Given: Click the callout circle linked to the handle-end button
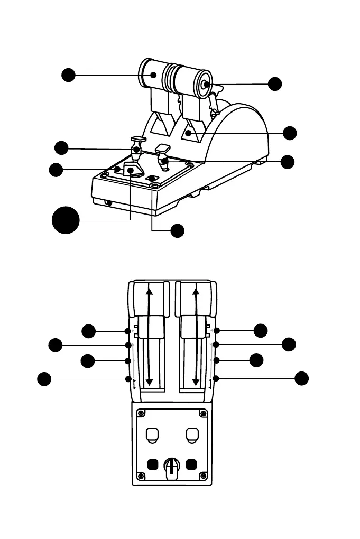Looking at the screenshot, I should click(274, 83).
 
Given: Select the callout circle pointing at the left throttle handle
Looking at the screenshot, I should click(68, 75).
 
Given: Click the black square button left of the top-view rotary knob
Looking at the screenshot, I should click(152, 465).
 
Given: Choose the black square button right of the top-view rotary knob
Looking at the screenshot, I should click(191, 465).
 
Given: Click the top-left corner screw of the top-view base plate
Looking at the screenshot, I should click(141, 413).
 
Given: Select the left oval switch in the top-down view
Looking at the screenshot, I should click(151, 434).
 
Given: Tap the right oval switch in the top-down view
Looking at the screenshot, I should click(192, 434).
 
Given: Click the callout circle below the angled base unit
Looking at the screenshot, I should click(178, 230).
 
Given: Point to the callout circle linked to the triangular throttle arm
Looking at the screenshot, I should click(290, 133).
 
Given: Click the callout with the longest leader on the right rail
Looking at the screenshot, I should click(301, 378).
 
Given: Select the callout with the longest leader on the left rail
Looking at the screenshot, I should click(44, 378).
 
